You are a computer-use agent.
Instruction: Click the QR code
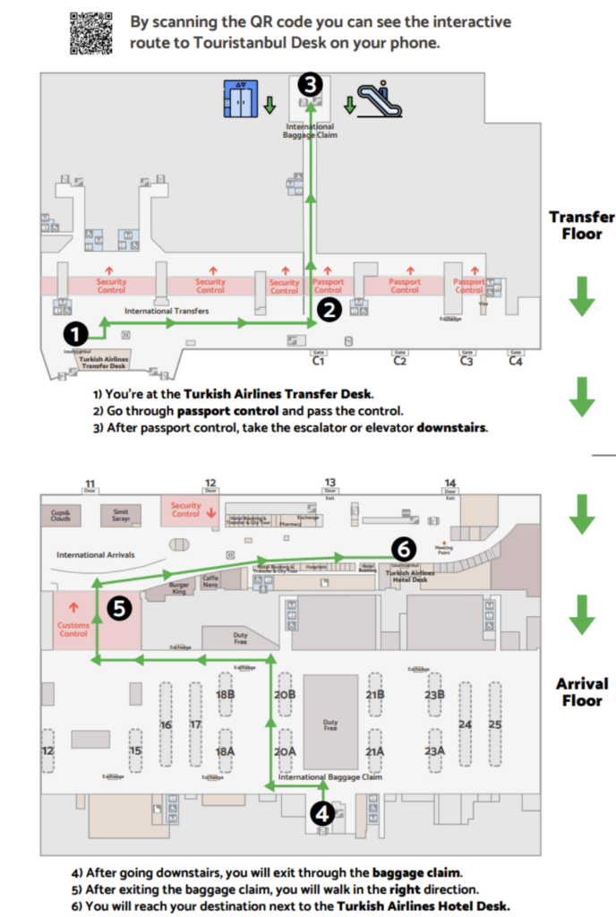(90, 34)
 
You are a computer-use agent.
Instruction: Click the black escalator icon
(380, 99)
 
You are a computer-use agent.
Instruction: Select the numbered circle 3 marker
(309, 85)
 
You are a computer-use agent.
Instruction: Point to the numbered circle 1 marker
(76, 333)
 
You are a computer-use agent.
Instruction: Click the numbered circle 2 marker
(329, 311)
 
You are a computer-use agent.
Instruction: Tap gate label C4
(516, 360)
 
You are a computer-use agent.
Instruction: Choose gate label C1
(318, 360)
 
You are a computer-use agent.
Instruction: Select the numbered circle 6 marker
(404, 548)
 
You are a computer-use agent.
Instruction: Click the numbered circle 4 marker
(322, 813)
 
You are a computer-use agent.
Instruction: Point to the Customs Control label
(73, 629)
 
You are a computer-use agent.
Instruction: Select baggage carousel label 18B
(226, 695)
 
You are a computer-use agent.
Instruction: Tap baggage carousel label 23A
(435, 751)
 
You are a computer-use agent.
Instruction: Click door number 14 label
(450, 484)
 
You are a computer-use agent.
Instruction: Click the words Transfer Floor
(582, 226)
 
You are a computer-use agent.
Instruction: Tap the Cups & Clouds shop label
(61, 515)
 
